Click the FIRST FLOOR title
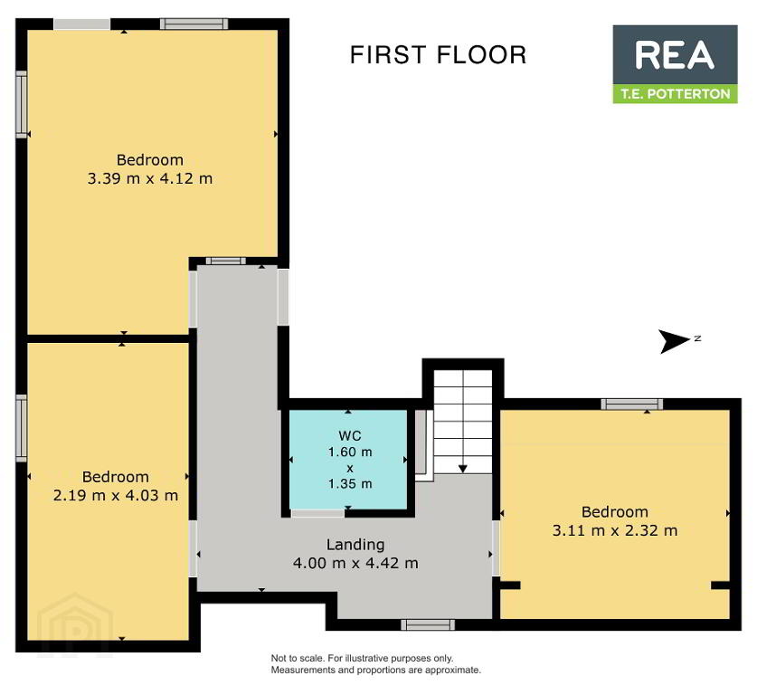[438, 54]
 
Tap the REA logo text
[675, 55]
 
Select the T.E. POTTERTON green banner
[675, 94]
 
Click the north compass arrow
[675, 341]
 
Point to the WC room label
[349, 435]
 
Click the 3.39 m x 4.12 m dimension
[149, 178]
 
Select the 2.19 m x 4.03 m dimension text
[116, 496]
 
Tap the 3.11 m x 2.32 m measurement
[615, 531]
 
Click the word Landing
[355, 545]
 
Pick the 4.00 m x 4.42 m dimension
[355, 563]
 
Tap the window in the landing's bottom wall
[428, 625]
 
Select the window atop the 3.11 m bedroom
[632, 405]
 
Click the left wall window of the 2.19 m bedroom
[21, 428]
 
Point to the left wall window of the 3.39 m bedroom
[21, 105]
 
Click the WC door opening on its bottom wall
[317, 513]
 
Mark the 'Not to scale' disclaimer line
[362, 658]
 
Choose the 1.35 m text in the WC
[350, 483]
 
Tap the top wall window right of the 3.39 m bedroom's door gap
[194, 24]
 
